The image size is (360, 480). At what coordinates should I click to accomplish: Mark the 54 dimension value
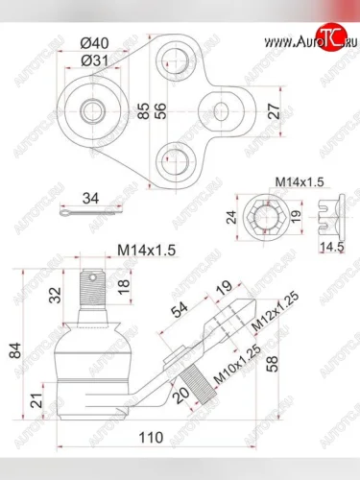point(180,309)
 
